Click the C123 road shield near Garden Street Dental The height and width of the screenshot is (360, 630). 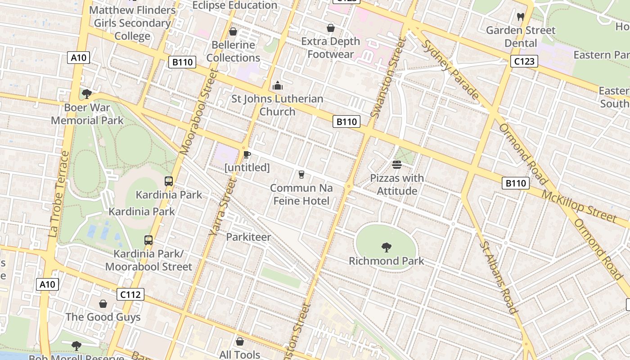(524, 61)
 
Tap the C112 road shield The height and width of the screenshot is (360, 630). (130, 295)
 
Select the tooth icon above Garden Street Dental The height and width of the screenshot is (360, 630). (521, 17)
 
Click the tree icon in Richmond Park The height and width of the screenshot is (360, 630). (386, 247)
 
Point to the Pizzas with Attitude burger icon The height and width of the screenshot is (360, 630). (396, 165)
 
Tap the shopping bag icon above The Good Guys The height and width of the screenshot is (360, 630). (103, 304)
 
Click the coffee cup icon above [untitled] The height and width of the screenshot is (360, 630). (247, 154)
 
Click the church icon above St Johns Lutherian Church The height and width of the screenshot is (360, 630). (278, 85)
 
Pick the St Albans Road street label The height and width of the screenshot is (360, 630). (499, 276)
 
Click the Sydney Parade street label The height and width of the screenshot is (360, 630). (451, 69)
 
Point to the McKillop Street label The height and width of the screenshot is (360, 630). (578, 207)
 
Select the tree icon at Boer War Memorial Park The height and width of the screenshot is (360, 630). (86, 94)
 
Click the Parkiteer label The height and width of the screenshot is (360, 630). (248, 237)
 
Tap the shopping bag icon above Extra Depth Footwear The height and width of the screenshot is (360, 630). (331, 28)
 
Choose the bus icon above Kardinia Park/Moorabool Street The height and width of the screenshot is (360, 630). (148, 240)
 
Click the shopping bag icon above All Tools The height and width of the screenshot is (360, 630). (240, 342)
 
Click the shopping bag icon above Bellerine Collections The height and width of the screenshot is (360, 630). (233, 31)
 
